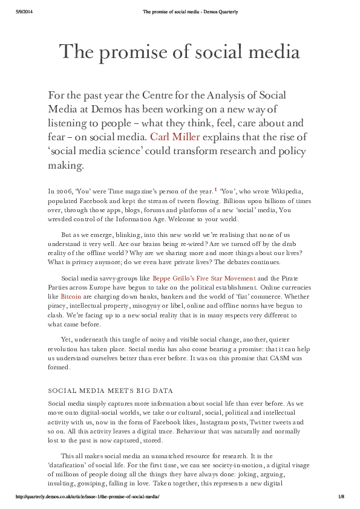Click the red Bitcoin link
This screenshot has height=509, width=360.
pyautogui.click(x=71, y=297)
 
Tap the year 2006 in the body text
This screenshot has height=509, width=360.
pyautogui.click(x=64, y=192)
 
